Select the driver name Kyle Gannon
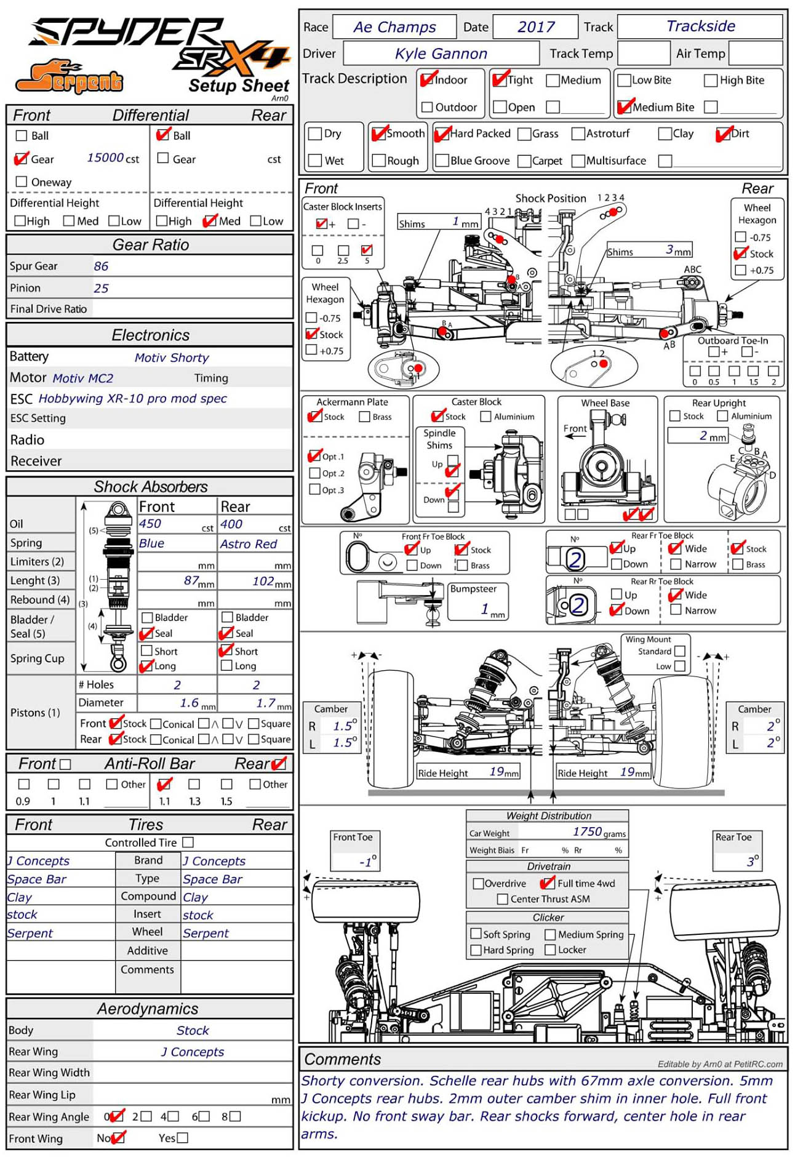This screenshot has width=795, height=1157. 441,54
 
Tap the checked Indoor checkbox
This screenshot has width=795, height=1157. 427,79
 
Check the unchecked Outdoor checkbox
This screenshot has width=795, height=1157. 427,107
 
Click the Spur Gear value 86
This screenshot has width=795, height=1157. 101,266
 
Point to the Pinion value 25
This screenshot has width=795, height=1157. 101,288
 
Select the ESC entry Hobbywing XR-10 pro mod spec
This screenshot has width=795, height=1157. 132,398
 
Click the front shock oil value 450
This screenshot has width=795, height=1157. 150,524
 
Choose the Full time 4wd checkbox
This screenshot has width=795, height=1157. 546,883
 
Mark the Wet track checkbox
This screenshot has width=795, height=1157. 316,161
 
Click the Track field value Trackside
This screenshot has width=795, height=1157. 700,26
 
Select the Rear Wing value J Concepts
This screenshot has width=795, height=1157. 193,1052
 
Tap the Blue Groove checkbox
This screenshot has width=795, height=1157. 441,161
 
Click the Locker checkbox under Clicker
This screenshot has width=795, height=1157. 550,950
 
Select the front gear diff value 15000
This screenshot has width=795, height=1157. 105,158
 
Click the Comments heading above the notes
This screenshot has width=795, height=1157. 342,1059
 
